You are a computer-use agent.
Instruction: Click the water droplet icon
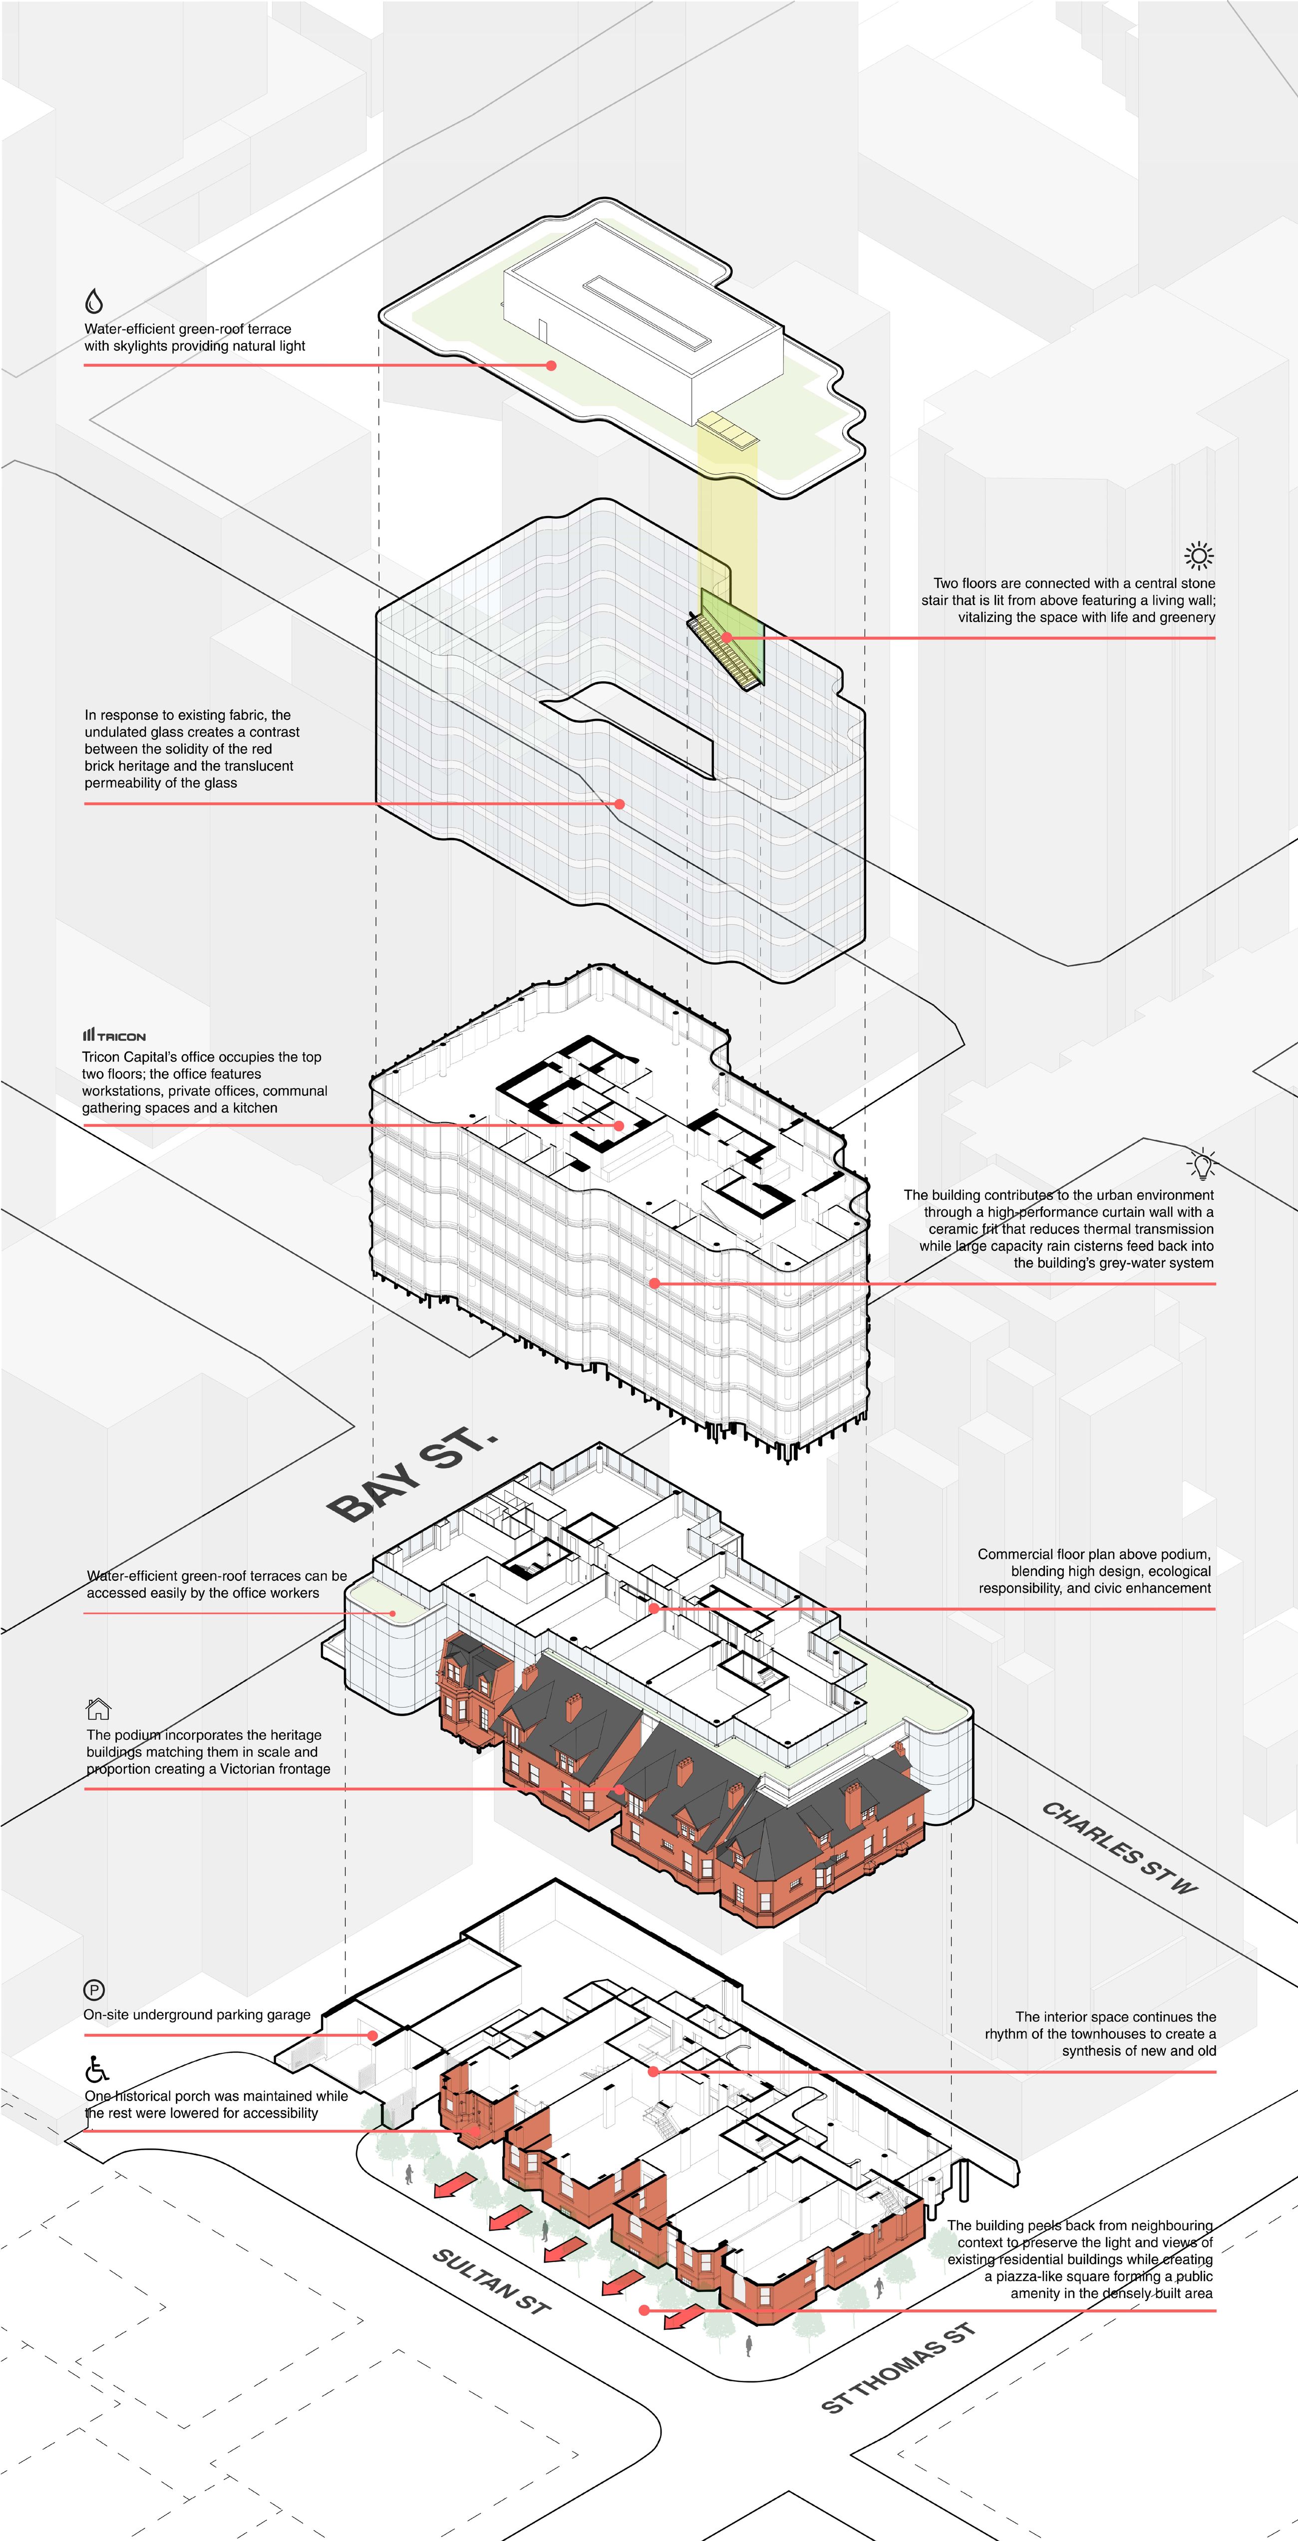click(x=94, y=300)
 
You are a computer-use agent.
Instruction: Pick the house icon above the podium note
click(x=99, y=1708)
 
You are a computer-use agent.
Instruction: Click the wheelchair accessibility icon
click(x=97, y=2068)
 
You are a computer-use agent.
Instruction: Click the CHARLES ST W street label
click(x=1119, y=1848)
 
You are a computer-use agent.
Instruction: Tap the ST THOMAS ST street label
click(x=898, y=2367)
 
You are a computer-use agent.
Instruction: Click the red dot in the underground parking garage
click(x=373, y=2035)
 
